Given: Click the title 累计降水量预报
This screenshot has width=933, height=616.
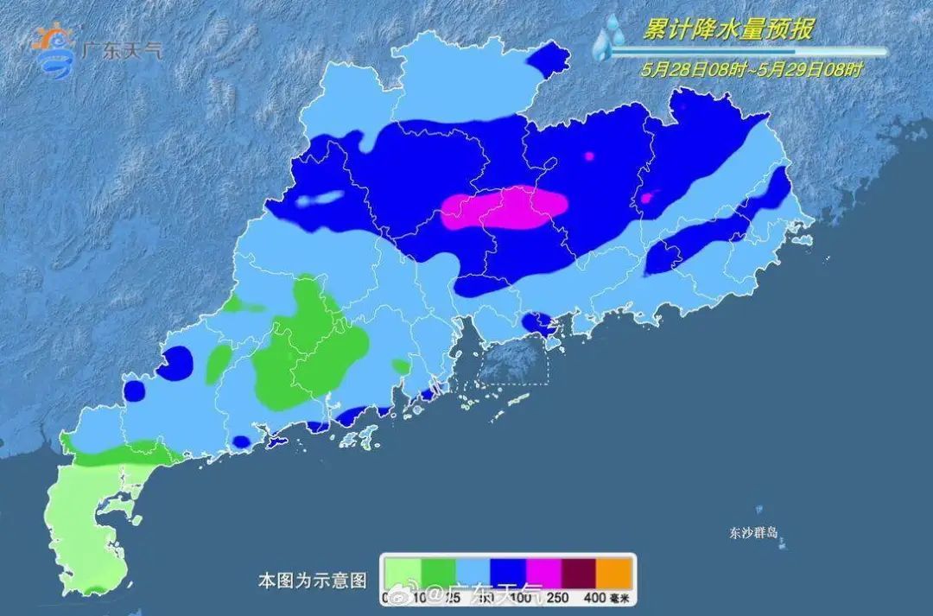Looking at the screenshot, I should pyautogui.click(x=727, y=29).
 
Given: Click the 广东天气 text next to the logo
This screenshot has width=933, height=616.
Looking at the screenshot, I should pyautogui.click(x=120, y=50).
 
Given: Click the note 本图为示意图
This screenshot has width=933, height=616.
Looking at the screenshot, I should pyautogui.click(x=313, y=577).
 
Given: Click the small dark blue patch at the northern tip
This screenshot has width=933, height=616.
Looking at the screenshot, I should pyautogui.click(x=549, y=59).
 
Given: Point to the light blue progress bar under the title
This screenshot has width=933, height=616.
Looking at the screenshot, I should pyautogui.click(x=747, y=51).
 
